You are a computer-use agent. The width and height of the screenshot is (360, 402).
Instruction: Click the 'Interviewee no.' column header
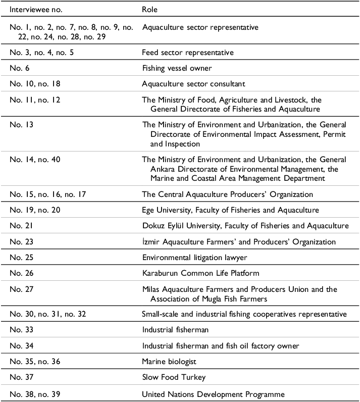click(36, 10)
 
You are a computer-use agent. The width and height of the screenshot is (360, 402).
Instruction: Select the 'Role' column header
click(150, 10)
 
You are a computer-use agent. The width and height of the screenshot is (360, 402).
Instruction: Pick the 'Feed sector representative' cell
click(187, 53)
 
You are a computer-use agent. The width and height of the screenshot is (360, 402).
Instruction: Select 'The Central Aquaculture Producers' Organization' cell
click(227, 194)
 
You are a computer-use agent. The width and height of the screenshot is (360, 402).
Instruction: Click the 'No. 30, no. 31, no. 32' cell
click(48, 314)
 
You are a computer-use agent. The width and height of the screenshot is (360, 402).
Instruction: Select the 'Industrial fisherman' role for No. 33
click(175, 330)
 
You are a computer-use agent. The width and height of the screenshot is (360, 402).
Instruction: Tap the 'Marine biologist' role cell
click(169, 362)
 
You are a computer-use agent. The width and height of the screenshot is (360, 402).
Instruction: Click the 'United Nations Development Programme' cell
click(213, 394)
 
